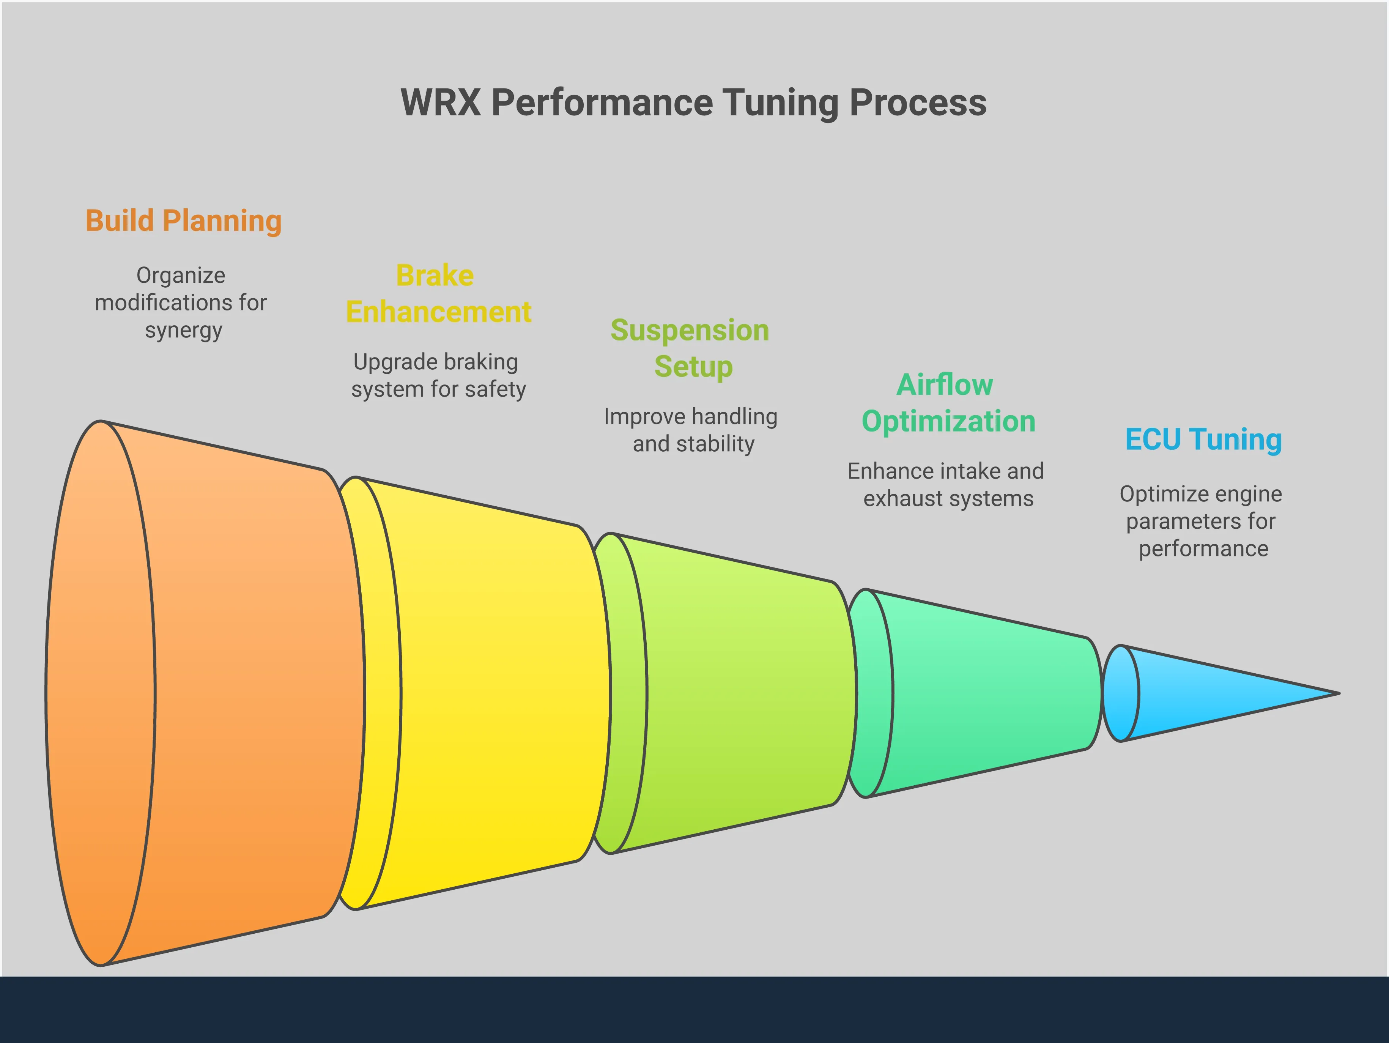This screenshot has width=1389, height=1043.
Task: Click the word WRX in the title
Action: click(441, 102)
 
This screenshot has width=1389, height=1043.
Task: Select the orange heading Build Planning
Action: click(183, 221)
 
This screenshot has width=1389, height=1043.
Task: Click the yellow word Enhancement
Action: click(438, 312)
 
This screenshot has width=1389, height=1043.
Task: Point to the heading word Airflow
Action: click(945, 385)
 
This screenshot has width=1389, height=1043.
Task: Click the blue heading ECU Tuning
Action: click(1203, 440)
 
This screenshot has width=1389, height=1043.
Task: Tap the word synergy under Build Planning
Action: click(183, 330)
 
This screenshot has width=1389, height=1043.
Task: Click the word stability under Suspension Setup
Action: click(715, 444)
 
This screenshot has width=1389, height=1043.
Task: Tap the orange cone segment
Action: click(251, 691)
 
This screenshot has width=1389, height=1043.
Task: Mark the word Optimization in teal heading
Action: click(948, 421)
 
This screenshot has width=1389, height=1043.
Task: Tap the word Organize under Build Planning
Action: click(181, 276)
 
